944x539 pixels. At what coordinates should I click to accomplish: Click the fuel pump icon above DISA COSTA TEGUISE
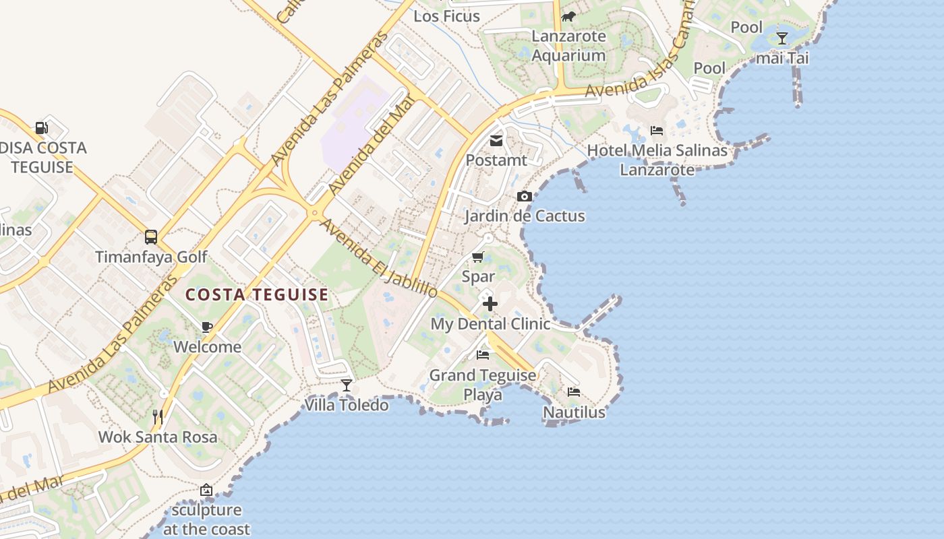[x=41, y=127]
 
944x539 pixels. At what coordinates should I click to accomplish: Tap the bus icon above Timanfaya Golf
[x=151, y=237]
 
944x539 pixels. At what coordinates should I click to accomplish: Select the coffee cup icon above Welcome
[x=207, y=327]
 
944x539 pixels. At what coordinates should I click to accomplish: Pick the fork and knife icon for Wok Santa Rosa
[x=158, y=417]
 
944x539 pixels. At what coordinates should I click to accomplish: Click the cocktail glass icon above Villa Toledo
[x=347, y=385]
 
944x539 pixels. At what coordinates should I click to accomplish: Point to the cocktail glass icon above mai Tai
[x=782, y=38]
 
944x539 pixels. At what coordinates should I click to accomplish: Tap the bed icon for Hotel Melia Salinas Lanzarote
[x=657, y=130]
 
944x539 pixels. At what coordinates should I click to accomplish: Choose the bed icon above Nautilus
[x=574, y=391]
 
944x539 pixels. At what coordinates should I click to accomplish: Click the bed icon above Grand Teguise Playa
[x=483, y=354]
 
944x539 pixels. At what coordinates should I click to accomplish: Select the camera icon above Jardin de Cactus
[x=524, y=197]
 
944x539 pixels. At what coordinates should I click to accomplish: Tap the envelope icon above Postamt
[x=496, y=141]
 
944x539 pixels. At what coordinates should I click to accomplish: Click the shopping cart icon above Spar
[x=478, y=257]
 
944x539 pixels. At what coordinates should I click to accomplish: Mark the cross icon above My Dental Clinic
[x=490, y=304]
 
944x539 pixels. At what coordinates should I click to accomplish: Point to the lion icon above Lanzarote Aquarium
[x=568, y=16]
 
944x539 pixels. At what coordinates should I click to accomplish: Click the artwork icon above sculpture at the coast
[x=206, y=490]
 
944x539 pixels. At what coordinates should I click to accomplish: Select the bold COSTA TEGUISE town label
[x=257, y=294]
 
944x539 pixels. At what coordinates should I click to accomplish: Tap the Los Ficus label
[x=446, y=15]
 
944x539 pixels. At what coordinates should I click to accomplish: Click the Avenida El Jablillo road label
[x=379, y=257]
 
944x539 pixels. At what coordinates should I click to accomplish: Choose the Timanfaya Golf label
[x=151, y=257]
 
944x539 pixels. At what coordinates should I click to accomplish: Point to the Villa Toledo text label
[x=347, y=405]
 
